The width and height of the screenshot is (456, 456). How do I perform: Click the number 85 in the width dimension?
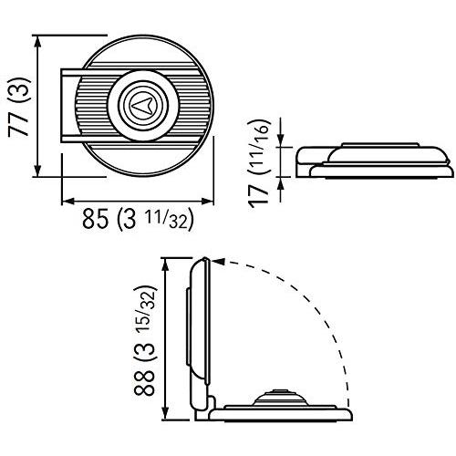click(96, 218)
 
